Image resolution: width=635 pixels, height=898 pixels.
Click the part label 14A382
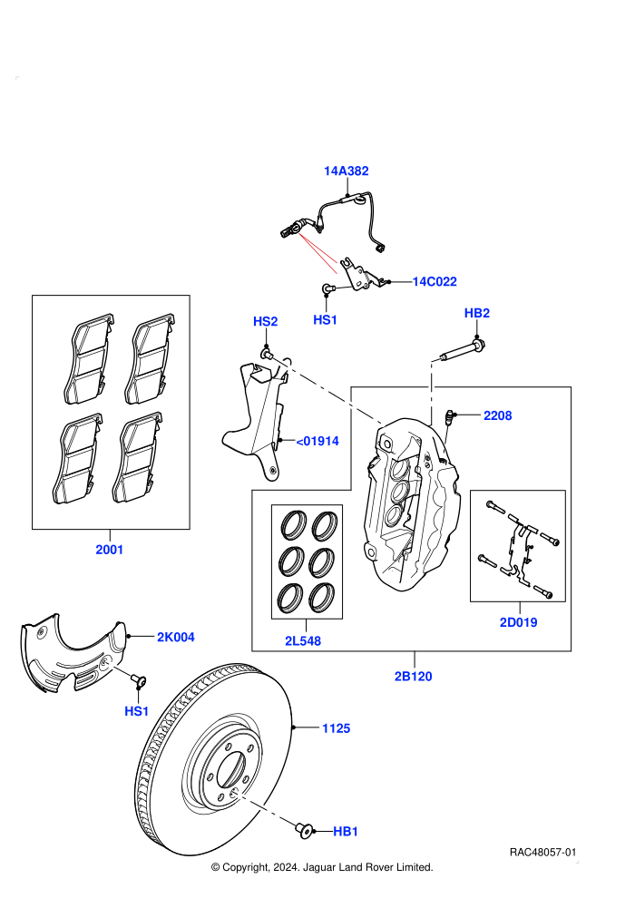[x=346, y=171]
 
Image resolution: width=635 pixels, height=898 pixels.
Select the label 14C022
[x=435, y=281]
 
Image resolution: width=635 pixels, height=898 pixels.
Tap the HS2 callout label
[x=265, y=321]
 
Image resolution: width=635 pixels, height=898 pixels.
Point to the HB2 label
[x=476, y=313]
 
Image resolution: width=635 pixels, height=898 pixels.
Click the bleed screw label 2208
[x=498, y=415]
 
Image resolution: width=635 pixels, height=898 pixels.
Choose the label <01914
[x=317, y=441]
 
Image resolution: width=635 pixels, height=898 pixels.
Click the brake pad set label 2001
[x=110, y=549]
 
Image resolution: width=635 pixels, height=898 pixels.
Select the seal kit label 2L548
[x=303, y=641]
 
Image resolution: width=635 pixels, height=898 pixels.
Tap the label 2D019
[x=518, y=622]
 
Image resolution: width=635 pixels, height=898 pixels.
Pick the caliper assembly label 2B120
[x=413, y=676]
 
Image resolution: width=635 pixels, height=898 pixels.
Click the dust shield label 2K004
[x=176, y=637]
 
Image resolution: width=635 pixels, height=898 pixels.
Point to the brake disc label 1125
[x=337, y=727]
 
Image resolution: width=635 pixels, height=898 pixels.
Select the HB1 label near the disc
[x=346, y=831]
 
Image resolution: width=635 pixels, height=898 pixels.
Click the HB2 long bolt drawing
[x=463, y=351]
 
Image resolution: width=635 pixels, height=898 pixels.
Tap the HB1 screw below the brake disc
[x=304, y=829]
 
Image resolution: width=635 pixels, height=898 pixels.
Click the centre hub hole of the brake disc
[x=231, y=768]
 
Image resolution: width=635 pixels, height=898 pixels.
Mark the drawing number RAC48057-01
[x=542, y=852]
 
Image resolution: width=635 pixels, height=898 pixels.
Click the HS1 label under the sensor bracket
[x=326, y=319]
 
